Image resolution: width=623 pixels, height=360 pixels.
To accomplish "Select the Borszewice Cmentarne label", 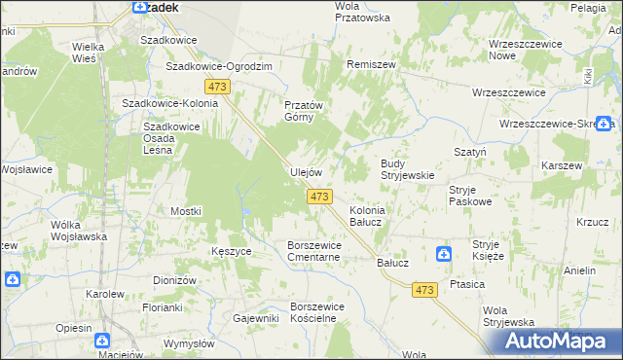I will [313, 251].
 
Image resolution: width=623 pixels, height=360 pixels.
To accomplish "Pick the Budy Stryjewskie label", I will [406, 169].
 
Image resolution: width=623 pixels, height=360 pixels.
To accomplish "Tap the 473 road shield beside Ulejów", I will [319, 197].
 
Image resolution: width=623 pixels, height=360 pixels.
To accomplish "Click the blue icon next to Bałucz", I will [444, 255].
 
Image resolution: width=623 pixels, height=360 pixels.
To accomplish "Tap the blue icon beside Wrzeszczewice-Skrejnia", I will [606, 124].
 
